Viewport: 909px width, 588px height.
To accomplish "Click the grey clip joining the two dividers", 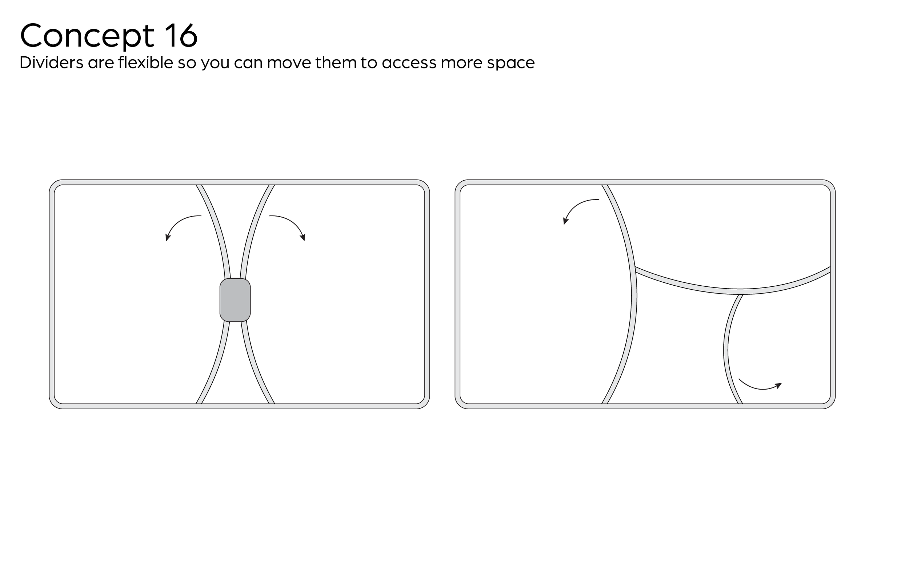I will (x=235, y=300).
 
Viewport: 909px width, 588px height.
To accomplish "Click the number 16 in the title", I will (x=181, y=35).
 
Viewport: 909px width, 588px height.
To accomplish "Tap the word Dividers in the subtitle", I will (x=51, y=63).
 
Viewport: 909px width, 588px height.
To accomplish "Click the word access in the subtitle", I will (x=409, y=63).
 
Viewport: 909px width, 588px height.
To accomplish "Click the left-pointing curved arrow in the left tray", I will (x=180, y=225).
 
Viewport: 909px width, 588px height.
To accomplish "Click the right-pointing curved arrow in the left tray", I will (x=290, y=225).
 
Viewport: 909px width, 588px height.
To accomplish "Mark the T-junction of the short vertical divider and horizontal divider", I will (x=741, y=293).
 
